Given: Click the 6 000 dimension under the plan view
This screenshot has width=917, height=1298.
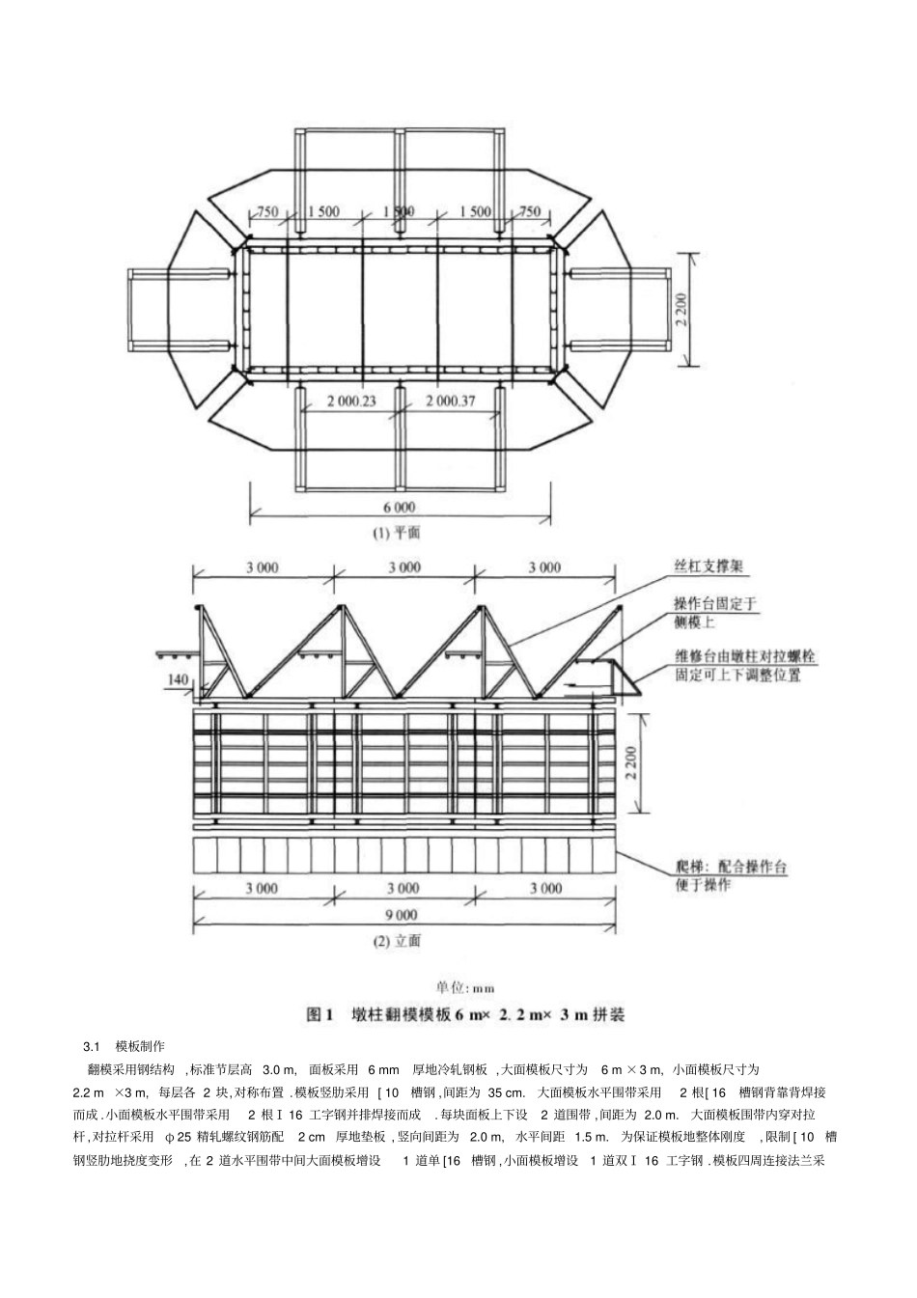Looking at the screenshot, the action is (x=399, y=508).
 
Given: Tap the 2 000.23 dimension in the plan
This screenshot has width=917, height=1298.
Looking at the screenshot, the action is (x=351, y=401).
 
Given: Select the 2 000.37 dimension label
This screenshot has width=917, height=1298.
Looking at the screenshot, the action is (x=451, y=401).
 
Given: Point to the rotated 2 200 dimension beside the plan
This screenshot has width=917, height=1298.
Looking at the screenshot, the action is (x=681, y=310).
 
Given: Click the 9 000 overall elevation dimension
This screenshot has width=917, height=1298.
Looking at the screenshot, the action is (x=401, y=915).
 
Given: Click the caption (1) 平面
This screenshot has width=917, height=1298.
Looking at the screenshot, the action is (x=396, y=533).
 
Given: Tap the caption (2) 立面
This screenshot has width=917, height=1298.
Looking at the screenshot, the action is (x=397, y=941).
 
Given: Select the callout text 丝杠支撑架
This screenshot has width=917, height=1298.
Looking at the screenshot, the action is (x=709, y=566).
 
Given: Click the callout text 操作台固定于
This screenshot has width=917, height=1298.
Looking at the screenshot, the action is (x=714, y=604).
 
